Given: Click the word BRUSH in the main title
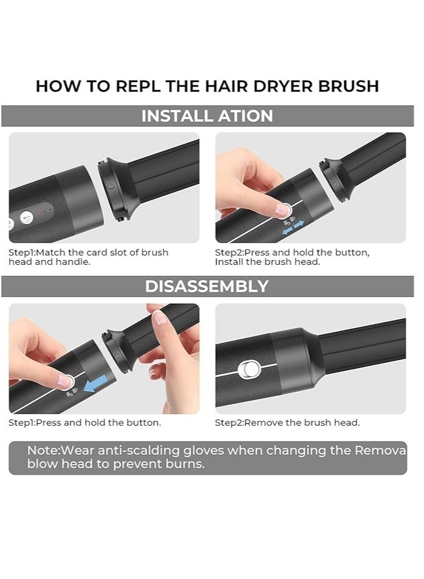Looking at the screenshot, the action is point(349,86).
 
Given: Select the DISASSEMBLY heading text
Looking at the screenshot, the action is point(207,286).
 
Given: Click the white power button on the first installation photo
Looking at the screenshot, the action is point(27,217).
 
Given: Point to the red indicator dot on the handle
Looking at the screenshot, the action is point(38,214).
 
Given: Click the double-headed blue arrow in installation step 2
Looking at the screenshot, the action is point(293,227).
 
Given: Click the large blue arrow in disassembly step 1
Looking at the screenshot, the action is point(96,384).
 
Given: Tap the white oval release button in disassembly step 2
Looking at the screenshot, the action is point(249,370).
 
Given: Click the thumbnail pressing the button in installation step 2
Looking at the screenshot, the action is point(282,209).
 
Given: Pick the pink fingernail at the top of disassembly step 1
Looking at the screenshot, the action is point(161,318).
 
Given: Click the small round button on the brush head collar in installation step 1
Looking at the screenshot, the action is point(111,186).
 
